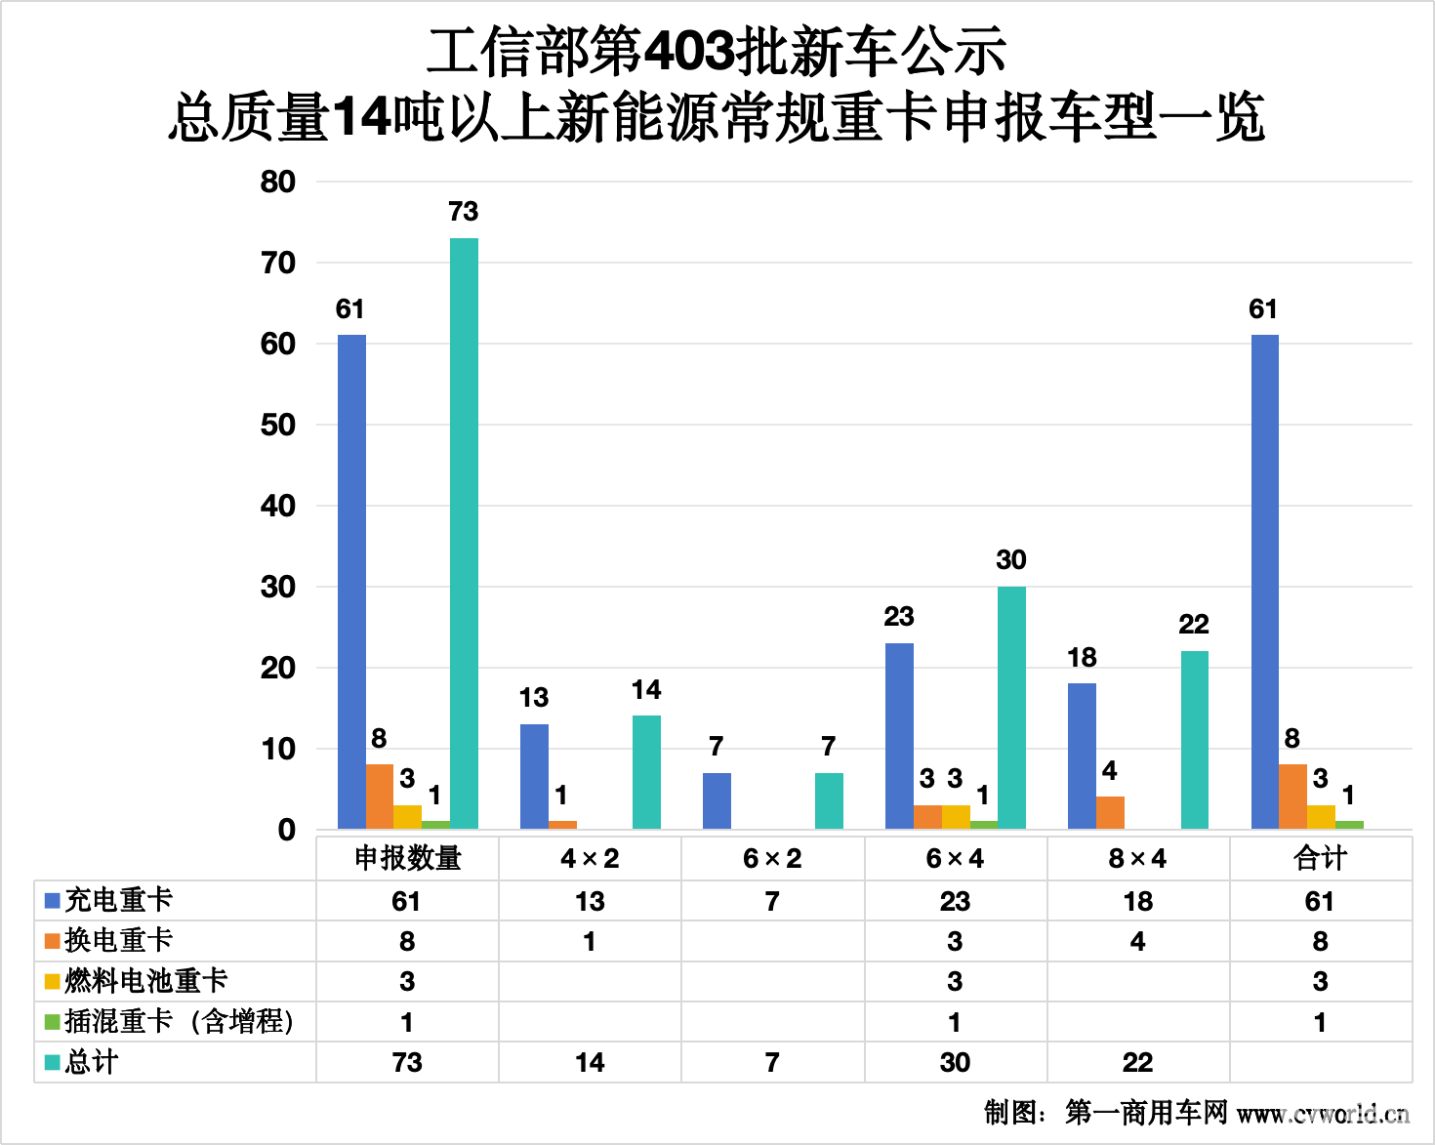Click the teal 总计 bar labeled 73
tap(464, 533)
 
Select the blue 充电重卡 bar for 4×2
tap(534, 776)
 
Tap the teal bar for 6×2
tap(829, 800)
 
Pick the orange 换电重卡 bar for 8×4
tap(1110, 812)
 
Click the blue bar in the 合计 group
tap(1264, 582)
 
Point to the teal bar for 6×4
tap(1011, 708)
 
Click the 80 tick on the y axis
tap(278, 182)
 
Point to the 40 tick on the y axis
tap(278, 506)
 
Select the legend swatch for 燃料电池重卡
tap(53, 981)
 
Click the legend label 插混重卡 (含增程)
tap(179, 1021)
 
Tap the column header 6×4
tap(955, 858)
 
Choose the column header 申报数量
tap(407, 858)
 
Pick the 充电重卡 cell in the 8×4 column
tap(1137, 901)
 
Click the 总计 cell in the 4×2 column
tap(590, 1062)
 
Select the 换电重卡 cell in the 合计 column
tap(1320, 941)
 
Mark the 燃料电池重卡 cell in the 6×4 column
tap(955, 981)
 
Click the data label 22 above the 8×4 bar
tap(1194, 624)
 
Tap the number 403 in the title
tap(689, 52)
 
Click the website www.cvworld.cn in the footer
tap(1323, 1113)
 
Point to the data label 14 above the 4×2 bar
tap(646, 690)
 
